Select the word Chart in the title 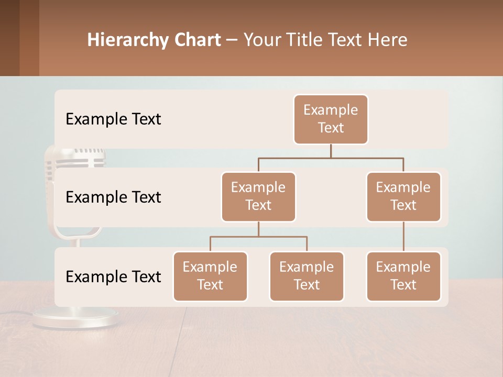[x=194, y=40]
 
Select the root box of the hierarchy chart [x=331, y=119]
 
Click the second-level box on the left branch [x=258, y=196]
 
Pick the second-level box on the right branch [x=403, y=196]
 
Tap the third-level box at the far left [x=210, y=276]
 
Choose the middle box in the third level [x=307, y=276]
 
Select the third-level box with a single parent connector [x=403, y=276]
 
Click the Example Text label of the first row [x=113, y=119]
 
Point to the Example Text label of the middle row [x=113, y=197]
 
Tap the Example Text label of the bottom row [x=113, y=276]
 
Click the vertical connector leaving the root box [x=331, y=151]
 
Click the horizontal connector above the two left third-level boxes [x=258, y=237]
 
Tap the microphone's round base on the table [x=75, y=318]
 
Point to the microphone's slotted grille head [x=76, y=157]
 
